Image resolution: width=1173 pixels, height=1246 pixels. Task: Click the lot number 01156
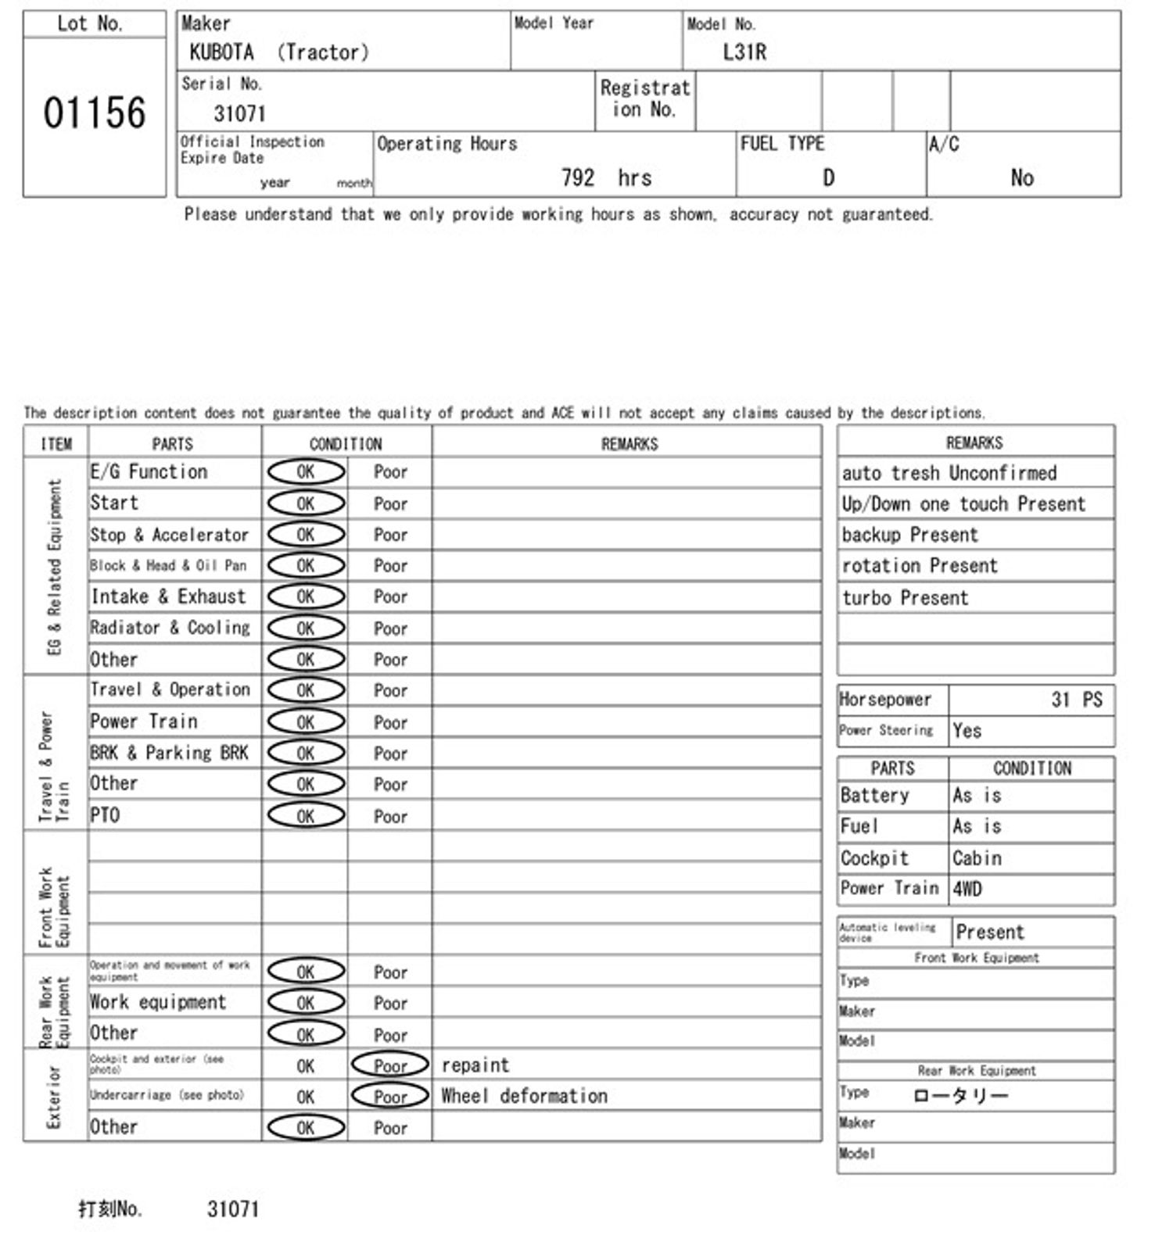click(94, 113)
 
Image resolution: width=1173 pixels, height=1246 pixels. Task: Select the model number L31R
click(744, 52)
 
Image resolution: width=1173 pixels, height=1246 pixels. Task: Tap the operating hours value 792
click(578, 178)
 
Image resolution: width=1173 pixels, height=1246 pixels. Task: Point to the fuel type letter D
click(828, 178)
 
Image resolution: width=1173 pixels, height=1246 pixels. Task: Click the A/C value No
click(1021, 178)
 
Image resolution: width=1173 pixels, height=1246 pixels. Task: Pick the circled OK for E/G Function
click(306, 471)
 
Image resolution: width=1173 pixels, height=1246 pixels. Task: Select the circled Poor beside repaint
click(390, 1065)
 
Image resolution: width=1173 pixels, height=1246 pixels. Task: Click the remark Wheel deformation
click(524, 1096)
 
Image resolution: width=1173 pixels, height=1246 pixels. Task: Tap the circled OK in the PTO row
click(306, 815)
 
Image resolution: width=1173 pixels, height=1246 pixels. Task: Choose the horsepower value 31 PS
click(1076, 700)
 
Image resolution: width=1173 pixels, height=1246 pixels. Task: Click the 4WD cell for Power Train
click(967, 889)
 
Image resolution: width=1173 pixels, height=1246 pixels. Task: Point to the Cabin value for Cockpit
click(977, 858)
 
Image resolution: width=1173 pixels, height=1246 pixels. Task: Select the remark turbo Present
click(905, 598)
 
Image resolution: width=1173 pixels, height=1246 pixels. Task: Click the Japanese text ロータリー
click(960, 1095)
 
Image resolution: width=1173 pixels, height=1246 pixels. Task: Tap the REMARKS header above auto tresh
click(974, 443)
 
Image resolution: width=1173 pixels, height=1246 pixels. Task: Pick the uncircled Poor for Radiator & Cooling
click(390, 628)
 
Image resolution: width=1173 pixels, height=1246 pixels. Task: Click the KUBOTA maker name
click(221, 52)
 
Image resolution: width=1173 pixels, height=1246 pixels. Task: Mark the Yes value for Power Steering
click(967, 731)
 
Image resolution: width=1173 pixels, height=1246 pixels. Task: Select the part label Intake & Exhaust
click(168, 597)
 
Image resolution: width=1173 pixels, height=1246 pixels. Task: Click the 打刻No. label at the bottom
click(110, 1209)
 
